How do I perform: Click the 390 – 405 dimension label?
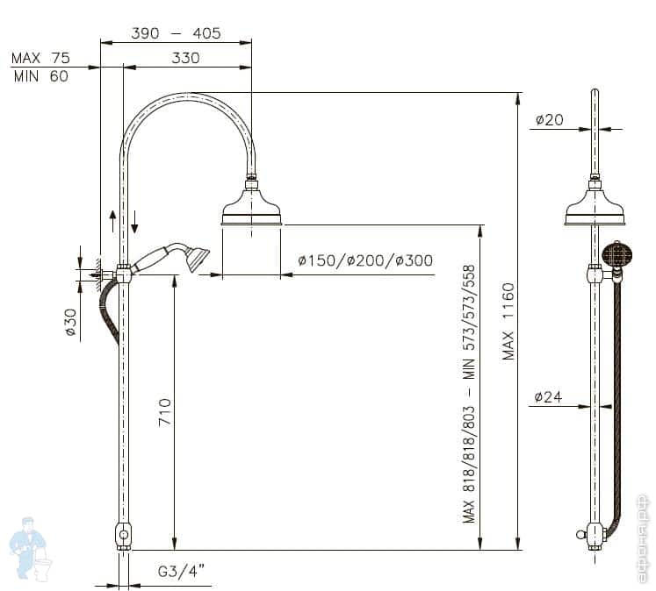[176, 33]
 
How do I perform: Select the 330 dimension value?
[185, 58]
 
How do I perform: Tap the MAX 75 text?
[40, 58]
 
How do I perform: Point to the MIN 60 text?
[40, 75]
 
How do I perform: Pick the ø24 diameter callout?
[549, 397]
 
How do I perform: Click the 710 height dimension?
[164, 412]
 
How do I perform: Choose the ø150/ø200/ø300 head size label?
[365, 260]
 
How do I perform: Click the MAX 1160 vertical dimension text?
[508, 321]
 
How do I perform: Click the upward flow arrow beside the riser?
[112, 218]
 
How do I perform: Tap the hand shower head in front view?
[197, 257]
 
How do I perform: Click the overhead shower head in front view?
[251, 207]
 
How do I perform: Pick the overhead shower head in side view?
[595, 207]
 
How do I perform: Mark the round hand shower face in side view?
[617, 256]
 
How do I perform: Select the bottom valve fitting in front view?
[124, 535]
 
